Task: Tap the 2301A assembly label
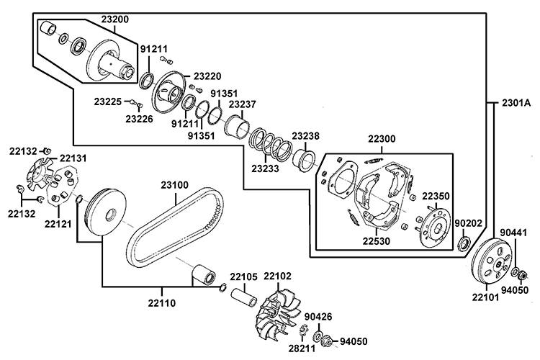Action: (x=512, y=103)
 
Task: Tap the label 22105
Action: (x=243, y=276)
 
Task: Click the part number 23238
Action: (x=305, y=135)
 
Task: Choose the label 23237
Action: (x=243, y=104)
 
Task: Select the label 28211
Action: (x=302, y=348)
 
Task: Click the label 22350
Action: (x=436, y=195)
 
